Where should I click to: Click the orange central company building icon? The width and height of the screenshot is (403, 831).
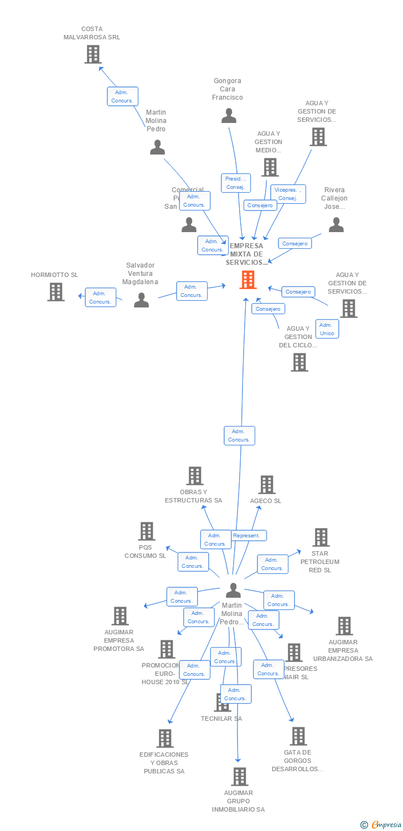(247, 280)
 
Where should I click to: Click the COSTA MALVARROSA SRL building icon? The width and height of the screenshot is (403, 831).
(92, 54)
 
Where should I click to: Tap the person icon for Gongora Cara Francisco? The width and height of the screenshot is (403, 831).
(229, 116)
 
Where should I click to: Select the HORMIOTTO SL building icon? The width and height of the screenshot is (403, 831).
(56, 292)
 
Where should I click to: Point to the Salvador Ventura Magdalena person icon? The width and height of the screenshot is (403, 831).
(142, 300)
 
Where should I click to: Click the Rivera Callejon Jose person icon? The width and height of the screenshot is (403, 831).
(336, 224)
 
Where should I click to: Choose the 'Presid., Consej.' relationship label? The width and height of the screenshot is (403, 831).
(236, 183)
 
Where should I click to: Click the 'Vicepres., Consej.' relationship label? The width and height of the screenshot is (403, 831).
(288, 194)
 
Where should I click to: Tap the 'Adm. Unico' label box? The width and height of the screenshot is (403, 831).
(327, 329)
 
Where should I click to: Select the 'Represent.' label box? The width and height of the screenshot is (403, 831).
(246, 536)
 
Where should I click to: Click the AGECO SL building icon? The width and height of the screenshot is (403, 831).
(267, 485)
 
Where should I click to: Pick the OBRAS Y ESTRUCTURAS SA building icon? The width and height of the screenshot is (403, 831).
(194, 476)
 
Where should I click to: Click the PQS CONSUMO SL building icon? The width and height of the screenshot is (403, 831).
(146, 531)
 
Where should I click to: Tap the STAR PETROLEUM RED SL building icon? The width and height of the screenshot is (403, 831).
(321, 537)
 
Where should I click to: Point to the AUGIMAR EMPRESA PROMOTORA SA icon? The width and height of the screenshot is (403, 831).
(120, 616)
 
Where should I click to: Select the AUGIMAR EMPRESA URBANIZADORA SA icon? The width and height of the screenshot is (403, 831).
(344, 626)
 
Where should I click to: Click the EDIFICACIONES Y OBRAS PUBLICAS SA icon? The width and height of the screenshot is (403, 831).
(165, 738)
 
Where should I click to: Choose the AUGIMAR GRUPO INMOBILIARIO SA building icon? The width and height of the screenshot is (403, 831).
(239, 777)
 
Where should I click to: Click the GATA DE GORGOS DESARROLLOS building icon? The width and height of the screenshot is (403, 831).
(298, 736)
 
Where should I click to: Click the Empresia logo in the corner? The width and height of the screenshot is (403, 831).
(382, 825)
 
